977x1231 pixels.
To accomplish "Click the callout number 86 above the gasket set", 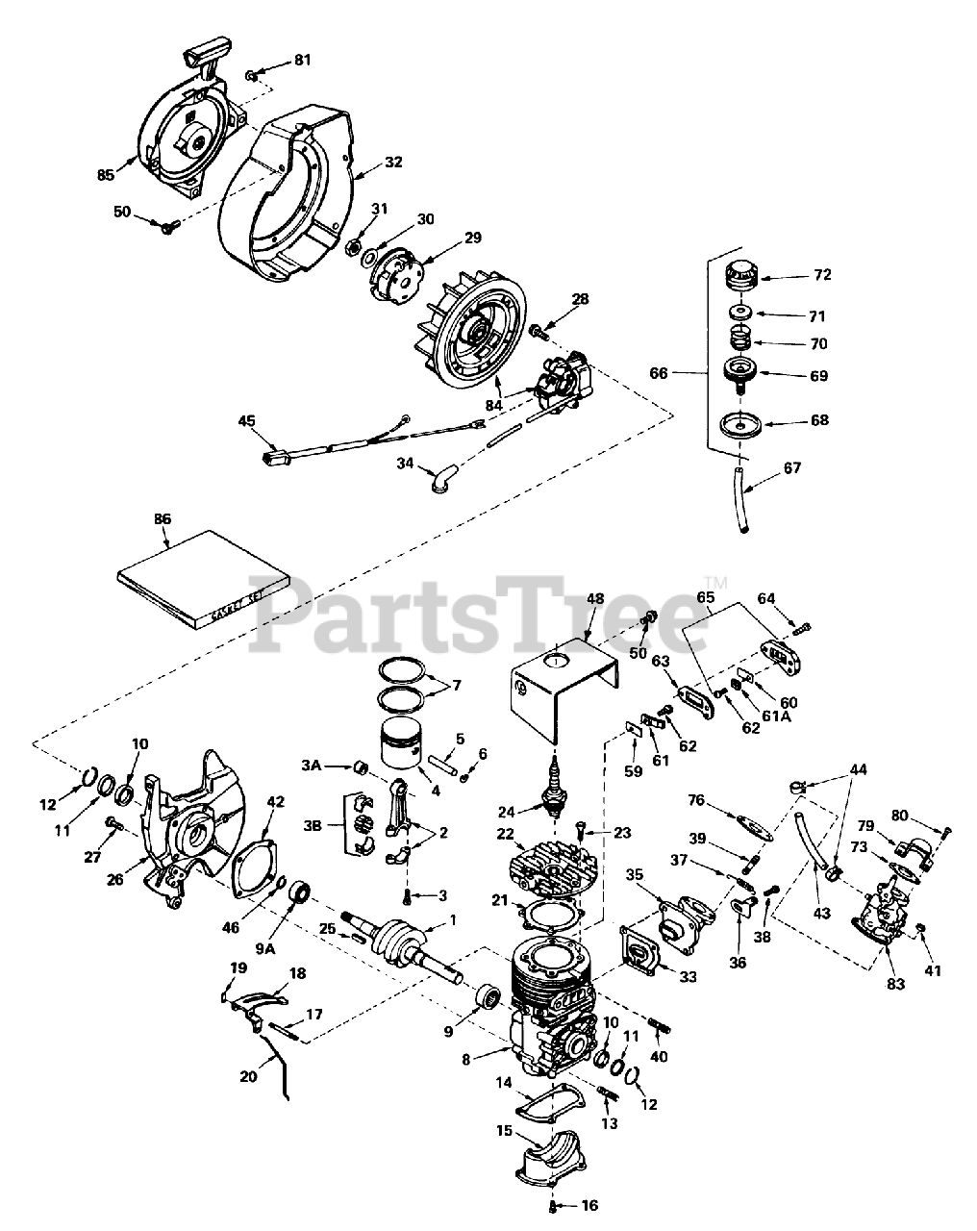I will [161, 519].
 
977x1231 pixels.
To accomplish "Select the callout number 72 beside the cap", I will [820, 275].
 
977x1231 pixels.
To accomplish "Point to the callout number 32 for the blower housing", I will [366, 163].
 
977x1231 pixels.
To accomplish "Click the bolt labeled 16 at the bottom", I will [556, 1206].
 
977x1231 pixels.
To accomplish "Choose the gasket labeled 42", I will [249, 861].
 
